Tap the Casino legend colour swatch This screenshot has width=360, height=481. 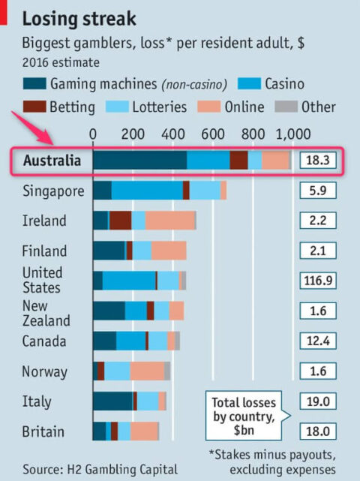click(x=253, y=83)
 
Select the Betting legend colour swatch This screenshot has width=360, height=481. click(x=34, y=106)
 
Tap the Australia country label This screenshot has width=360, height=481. click(x=52, y=161)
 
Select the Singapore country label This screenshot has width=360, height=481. click(x=53, y=191)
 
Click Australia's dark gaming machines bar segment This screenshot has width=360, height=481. click(x=139, y=161)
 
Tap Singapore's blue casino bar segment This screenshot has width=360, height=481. click(x=147, y=191)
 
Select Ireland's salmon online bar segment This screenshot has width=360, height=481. click(x=169, y=221)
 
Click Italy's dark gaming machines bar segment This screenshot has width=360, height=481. click(x=112, y=401)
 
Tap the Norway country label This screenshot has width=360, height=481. click(x=45, y=371)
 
